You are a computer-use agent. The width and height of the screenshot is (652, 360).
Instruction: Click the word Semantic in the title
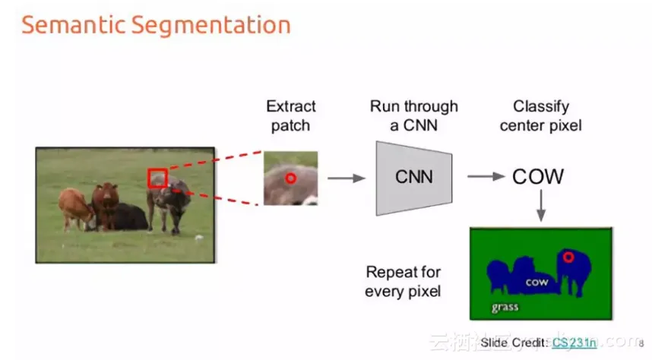point(73,24)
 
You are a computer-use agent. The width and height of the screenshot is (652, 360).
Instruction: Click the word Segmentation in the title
point(210,25)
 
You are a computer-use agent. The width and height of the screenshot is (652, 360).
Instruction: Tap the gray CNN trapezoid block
point(414,177)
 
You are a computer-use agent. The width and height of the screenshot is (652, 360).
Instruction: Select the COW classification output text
point(538,177)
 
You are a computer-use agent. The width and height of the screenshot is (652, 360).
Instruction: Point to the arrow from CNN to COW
point(486,177)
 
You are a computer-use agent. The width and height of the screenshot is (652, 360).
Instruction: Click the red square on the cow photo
point(157,178)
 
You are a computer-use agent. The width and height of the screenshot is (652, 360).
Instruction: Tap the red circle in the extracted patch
point(290,178)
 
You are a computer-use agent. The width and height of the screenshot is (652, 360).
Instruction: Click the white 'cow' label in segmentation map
point(536,282)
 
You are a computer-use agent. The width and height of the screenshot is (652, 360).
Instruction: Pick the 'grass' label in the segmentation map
point(505,307)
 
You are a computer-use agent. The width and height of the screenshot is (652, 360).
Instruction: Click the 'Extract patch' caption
point(291,115)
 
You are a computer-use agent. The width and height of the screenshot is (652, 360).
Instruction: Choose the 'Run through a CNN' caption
point(414,115)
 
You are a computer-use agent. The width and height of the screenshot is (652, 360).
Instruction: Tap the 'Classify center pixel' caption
point(540,115)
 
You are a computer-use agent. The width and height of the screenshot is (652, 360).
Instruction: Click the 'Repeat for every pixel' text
point(403,281)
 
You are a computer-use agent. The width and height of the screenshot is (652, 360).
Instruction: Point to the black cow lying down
point(129,217)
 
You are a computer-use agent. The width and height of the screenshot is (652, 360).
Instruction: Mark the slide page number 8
point(641,343)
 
